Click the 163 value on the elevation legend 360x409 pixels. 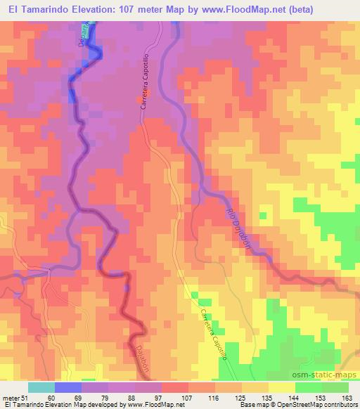pos(348,398)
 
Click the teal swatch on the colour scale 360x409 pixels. pos(41,387)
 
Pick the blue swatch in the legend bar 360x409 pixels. pos(68,387)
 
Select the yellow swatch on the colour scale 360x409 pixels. pos(281,387)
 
